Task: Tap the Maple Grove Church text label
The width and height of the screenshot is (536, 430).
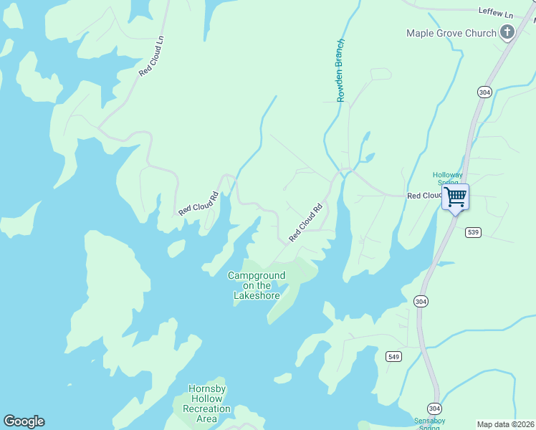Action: [451, 33]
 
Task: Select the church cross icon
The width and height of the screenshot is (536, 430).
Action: [507, 32]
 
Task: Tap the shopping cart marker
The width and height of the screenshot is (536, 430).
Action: [455, 197]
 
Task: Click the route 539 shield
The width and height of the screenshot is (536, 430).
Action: [472, 232]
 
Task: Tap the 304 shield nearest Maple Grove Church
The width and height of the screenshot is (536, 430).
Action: [484, 92]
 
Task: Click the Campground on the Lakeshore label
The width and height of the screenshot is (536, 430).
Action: [256, 285]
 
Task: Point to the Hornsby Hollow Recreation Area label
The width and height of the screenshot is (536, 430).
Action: [206, 403]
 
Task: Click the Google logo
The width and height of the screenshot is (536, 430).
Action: [24, 421]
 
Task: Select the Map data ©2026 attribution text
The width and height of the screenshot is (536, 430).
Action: [505, 424]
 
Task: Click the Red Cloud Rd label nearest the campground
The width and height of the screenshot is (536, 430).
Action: [306, 223]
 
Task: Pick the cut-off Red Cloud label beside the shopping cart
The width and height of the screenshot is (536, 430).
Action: [424, 196]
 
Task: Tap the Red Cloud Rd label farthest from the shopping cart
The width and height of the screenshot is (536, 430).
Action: [198, 204]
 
